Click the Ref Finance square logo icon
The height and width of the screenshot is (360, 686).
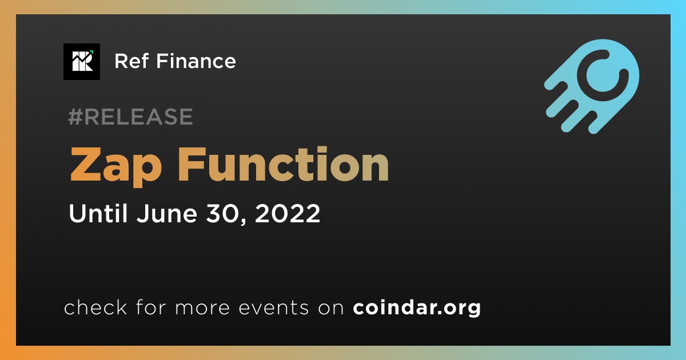[x=82, y=62]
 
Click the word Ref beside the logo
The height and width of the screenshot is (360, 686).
[x=131, y=61]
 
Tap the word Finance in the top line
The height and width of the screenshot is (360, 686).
[x=196, y=61]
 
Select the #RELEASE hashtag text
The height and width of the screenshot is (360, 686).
[x=130, y=117]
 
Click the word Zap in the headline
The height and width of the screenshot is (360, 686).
[x=116, y=166]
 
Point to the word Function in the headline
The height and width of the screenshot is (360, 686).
[x=284, y=164]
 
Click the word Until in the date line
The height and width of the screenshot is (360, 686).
[x=98, y=213]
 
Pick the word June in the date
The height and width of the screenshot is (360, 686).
[x=167, y=213]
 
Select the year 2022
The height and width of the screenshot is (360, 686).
[x=287, y=213]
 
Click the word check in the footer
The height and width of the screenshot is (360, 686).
[x=95, y=307]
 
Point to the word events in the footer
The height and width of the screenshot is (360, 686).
[x=274, y=307]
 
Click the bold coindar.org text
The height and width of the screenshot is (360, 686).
[x=417, y=307]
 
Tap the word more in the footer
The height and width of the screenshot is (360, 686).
[x=202, y=308]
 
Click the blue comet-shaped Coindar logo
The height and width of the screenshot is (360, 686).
[x=592, y=86]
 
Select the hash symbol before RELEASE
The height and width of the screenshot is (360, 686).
[x=75, y=117]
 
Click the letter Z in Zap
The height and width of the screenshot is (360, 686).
[x=85, y=164]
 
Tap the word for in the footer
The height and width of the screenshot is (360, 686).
[x=151, y=307]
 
